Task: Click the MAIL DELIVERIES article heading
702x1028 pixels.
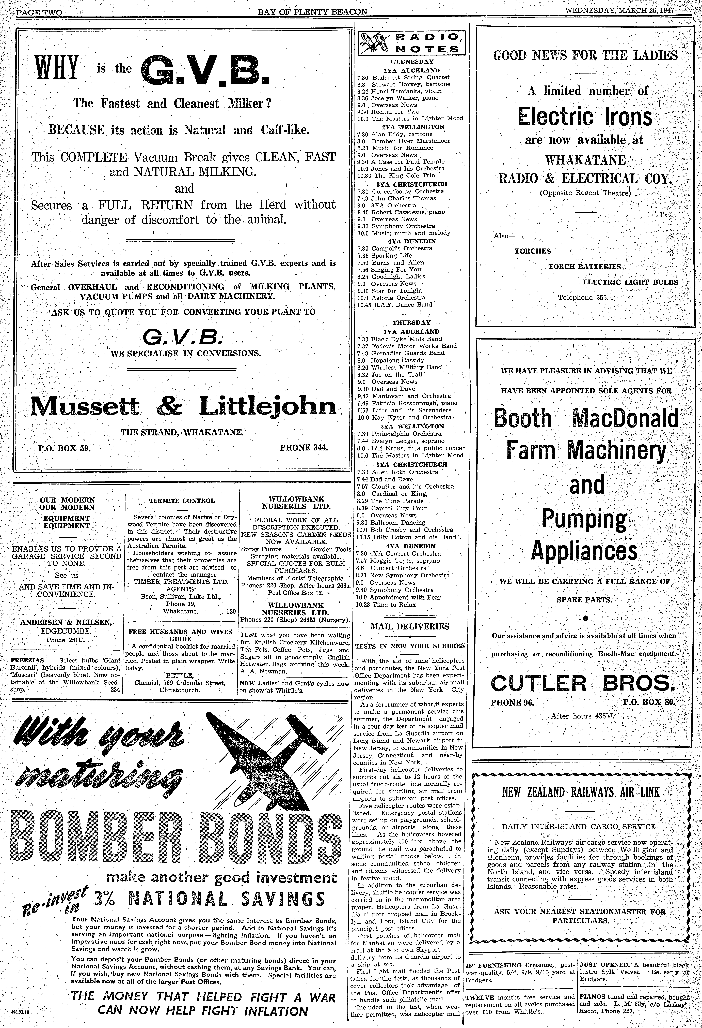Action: (409, 626)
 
